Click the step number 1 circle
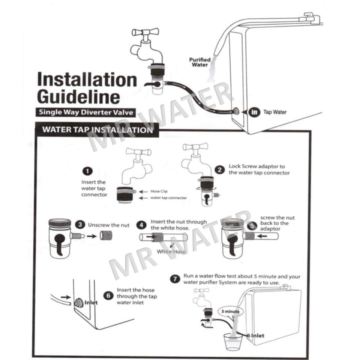click(87, 171)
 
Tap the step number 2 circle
click(220, 169)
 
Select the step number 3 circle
click(79, 225)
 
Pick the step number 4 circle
click(141, 225)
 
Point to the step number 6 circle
click(108, 296)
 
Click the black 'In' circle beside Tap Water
click(255, 112)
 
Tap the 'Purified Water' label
click(199, 62)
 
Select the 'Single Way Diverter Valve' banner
click(85, 112)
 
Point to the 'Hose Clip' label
click(159, 191)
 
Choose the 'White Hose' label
click(171, 251)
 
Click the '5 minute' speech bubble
click(230, 311)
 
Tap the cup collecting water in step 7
click(233, 341)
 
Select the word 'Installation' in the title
click(87, 80)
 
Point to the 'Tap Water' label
click(275, 112)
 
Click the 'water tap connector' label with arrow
click(168, 198)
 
